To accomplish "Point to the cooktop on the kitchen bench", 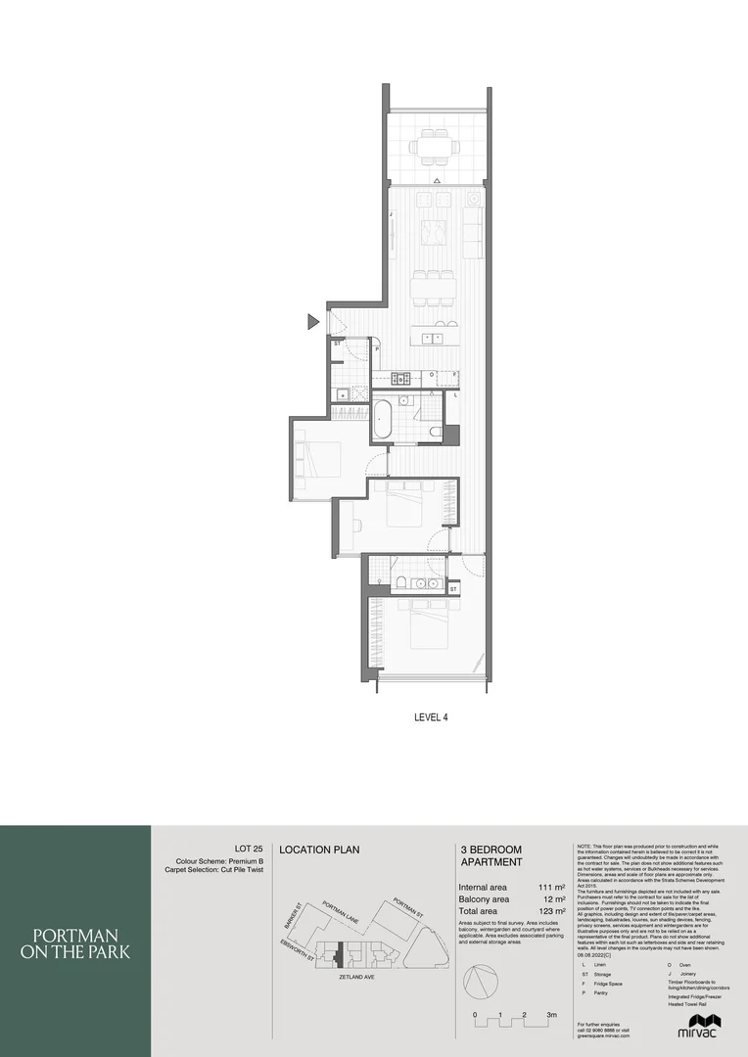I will (x=400, y=376).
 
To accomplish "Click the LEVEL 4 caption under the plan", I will (x=432, y=717).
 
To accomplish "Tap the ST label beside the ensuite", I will (x=453, y=588).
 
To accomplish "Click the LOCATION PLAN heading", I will (x=319, y=850).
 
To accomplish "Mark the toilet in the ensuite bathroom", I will (x=401, y=584).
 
